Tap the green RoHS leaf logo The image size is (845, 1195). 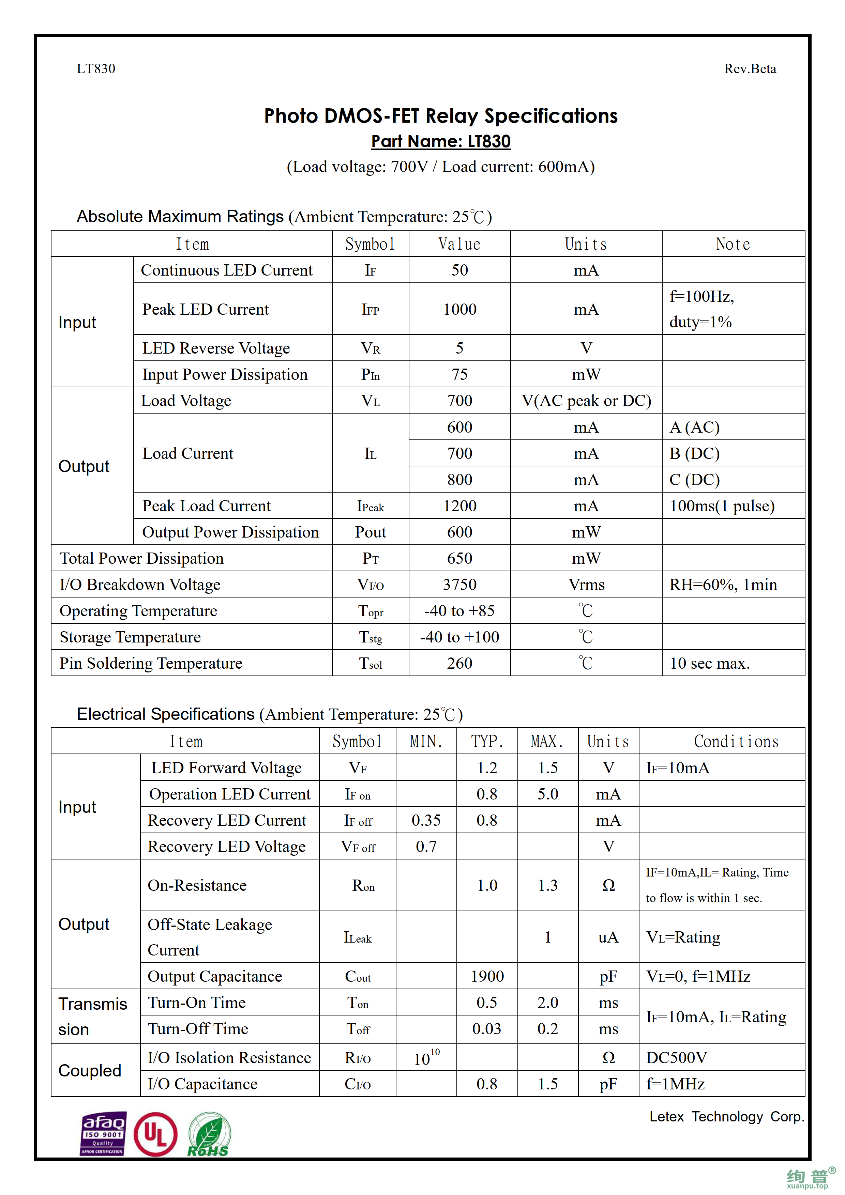click(209, 1135)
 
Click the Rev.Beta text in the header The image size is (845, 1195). click(750, 69)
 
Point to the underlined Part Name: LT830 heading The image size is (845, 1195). click(440, 142)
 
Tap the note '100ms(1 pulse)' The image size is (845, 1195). click(722, 506)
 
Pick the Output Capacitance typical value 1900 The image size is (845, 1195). click(487, 976)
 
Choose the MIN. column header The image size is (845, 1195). click(426, 742)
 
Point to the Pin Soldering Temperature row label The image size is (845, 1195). click(151, 664)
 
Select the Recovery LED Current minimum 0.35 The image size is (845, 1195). click(426, 820)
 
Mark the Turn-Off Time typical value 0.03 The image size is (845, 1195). click(486, 1029)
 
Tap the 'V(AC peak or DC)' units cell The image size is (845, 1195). click(586, 401)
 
